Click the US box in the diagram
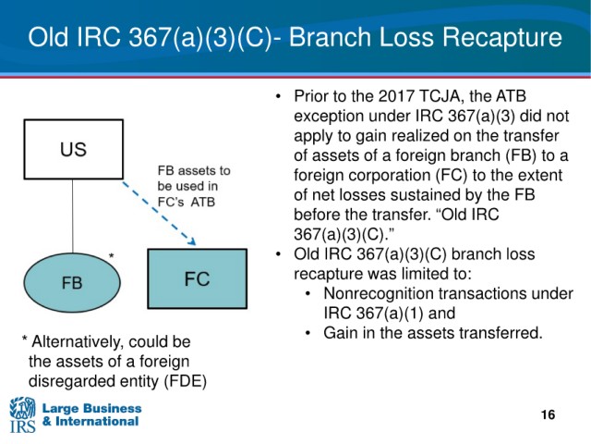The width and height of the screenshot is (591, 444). [x=73, y=150]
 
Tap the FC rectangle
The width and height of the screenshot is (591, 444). [x=197, y=278]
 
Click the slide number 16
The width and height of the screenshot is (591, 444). [x=548, y=414]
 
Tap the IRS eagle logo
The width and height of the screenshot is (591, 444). [x=22, y=414]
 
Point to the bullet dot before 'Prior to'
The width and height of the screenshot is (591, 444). [x=279, y=96]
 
